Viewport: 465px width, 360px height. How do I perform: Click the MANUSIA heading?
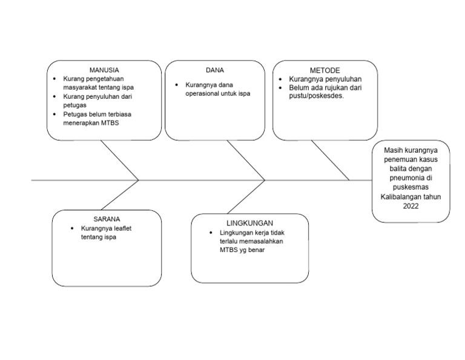coord(104,70)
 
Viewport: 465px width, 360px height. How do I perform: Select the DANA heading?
coord(215,70)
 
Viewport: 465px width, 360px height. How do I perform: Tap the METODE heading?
coord(325,70)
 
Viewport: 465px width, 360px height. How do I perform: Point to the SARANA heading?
coord(107,218)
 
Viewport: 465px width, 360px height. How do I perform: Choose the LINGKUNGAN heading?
coord(249,223)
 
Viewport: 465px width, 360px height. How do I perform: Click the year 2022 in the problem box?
coord(411,206)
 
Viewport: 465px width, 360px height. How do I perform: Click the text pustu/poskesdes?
coord(317,96)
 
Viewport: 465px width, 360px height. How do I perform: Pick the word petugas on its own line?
coord(75,105)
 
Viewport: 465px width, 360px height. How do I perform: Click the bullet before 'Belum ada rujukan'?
coord(280,88)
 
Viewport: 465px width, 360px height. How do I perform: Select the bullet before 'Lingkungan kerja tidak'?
coord(211,233)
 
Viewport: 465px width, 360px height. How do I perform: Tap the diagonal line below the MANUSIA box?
coord(119,160)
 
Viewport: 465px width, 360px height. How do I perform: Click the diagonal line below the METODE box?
coord(331,160)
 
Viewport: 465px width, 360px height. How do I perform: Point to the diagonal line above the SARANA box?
coord(120,195)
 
